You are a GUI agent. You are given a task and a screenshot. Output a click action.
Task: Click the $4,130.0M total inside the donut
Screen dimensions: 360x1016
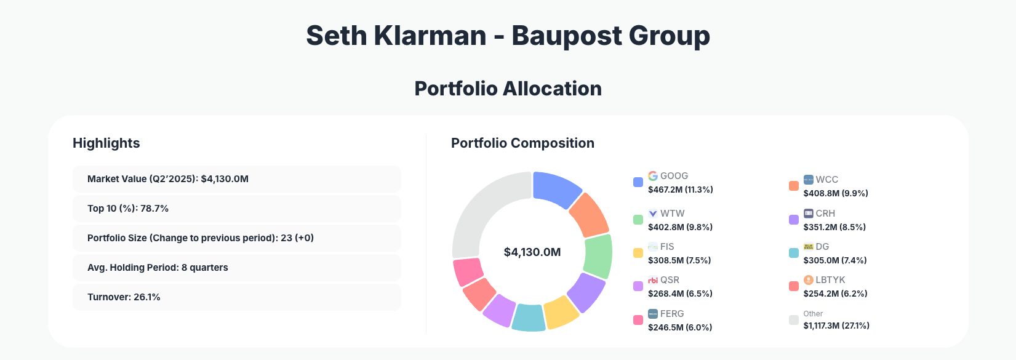coord(532,252)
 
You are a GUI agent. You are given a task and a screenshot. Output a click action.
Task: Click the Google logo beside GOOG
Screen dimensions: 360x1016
coord(653,176)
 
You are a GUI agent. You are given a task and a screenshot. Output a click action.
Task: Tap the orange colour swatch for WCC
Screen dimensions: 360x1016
coord(794,186)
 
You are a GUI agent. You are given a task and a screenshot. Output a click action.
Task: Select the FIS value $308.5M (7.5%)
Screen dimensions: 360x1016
coord(679,260)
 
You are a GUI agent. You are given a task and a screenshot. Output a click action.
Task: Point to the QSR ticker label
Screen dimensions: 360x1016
coord(670,280)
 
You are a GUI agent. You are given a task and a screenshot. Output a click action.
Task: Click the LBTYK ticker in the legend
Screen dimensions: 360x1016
coord(830,280)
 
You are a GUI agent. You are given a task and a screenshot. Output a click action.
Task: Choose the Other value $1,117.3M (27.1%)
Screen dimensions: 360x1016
coord(836,326)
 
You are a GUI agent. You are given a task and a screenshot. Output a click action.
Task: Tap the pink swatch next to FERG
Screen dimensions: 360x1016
coord(638,320)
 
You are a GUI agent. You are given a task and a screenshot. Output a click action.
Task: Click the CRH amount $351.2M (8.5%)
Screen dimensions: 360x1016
coord(834,227)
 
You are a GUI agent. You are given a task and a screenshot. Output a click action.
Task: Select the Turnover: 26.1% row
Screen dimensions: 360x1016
coord(236,297)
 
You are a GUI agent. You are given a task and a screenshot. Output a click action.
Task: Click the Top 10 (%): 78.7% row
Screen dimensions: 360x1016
coord(236,209)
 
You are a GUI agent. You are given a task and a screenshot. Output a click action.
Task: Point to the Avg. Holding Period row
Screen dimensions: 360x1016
coord(236,268)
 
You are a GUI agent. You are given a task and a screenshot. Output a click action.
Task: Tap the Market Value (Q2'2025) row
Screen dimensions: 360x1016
coord(236,179)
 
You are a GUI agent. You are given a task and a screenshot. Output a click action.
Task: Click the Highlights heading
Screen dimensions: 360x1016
coord(106,143)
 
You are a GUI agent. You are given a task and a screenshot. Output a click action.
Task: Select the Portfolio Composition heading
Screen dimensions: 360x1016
coord(522,143)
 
